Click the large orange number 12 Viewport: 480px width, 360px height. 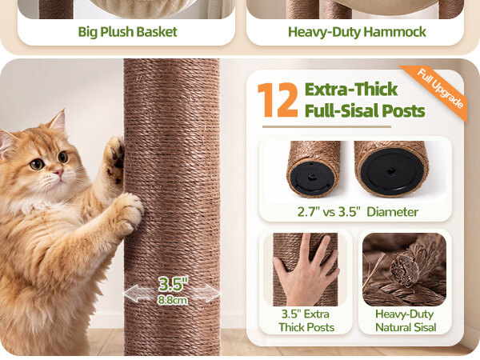[x=278, y=100]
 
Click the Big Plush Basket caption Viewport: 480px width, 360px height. [x=128, y=32]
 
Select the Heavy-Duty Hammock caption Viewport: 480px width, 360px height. [x=357, y=32]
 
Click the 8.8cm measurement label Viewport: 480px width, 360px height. [x=172, y=300]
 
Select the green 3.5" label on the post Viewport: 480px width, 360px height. [x=174, y=284]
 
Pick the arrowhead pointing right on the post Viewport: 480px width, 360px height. [x=212, y=294]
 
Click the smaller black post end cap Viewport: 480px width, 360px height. [x=312, y=178]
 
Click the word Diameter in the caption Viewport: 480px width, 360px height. [x=393, y=212]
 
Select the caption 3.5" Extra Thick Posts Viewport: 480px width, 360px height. [x=306, y=321]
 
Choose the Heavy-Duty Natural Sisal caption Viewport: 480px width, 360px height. [x=406, y=321]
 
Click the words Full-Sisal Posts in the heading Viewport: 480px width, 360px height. [x=365, y=110]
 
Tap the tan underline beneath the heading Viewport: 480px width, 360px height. [x=326, y=126]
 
